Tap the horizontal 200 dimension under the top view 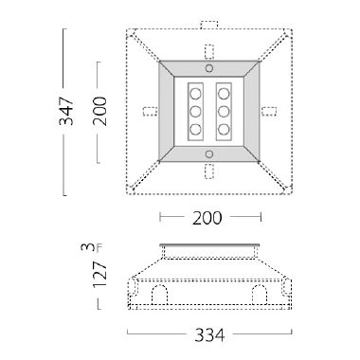click(207, 218)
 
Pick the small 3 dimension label click(87, 247)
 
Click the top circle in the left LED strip click(197, 95)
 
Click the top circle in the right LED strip click(225, 95)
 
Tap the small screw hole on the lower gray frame click(210, 153)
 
